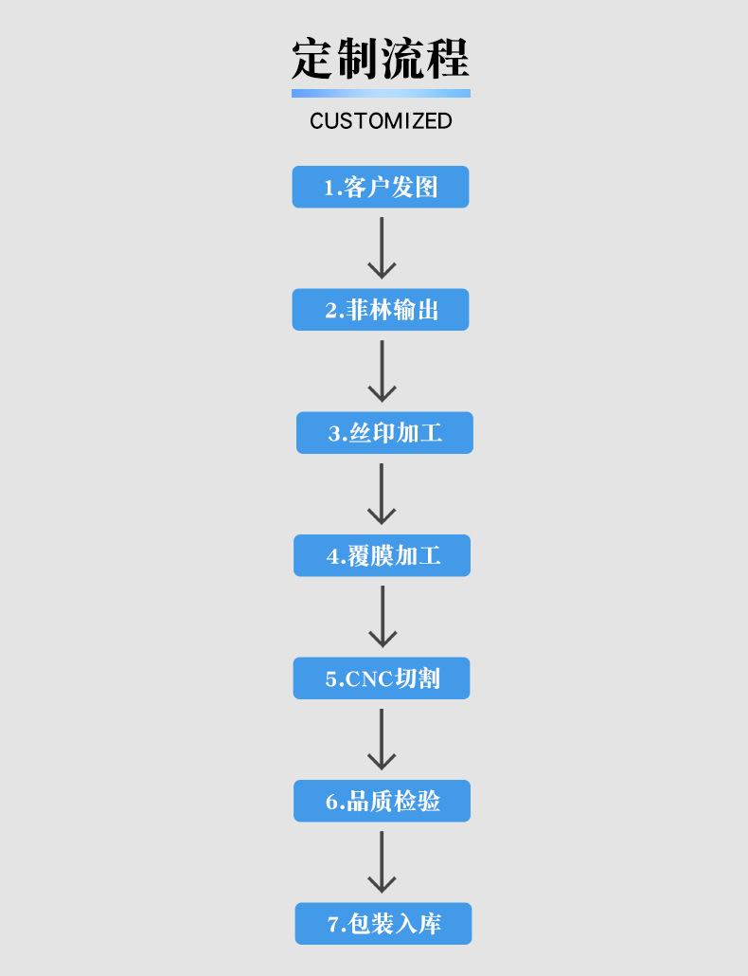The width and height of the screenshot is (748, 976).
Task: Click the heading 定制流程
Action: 381,59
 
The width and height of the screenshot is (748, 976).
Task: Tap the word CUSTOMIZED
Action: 381,120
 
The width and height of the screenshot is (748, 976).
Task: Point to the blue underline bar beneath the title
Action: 381,94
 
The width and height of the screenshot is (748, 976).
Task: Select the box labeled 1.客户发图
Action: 381,187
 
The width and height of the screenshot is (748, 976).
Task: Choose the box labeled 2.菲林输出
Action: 381,309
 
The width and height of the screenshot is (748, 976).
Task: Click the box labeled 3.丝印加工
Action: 384,433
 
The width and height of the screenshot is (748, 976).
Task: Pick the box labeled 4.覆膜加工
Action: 382,555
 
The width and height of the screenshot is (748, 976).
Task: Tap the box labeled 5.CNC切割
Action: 382,678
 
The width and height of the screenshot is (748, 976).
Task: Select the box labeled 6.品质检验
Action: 382,801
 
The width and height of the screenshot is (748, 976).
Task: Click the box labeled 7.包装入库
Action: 383,923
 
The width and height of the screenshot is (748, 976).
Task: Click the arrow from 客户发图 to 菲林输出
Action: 382,247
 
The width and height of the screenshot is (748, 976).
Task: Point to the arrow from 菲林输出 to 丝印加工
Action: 382,371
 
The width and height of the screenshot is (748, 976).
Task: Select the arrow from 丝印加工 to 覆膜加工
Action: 382,494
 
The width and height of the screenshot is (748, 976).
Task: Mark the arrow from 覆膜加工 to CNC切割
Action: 383,616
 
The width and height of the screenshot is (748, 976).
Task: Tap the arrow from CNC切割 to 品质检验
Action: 382,739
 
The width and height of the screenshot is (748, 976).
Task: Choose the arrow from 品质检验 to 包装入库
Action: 382,862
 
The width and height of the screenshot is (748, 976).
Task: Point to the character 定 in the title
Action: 313,59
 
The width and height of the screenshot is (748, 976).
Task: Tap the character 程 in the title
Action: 448,59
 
